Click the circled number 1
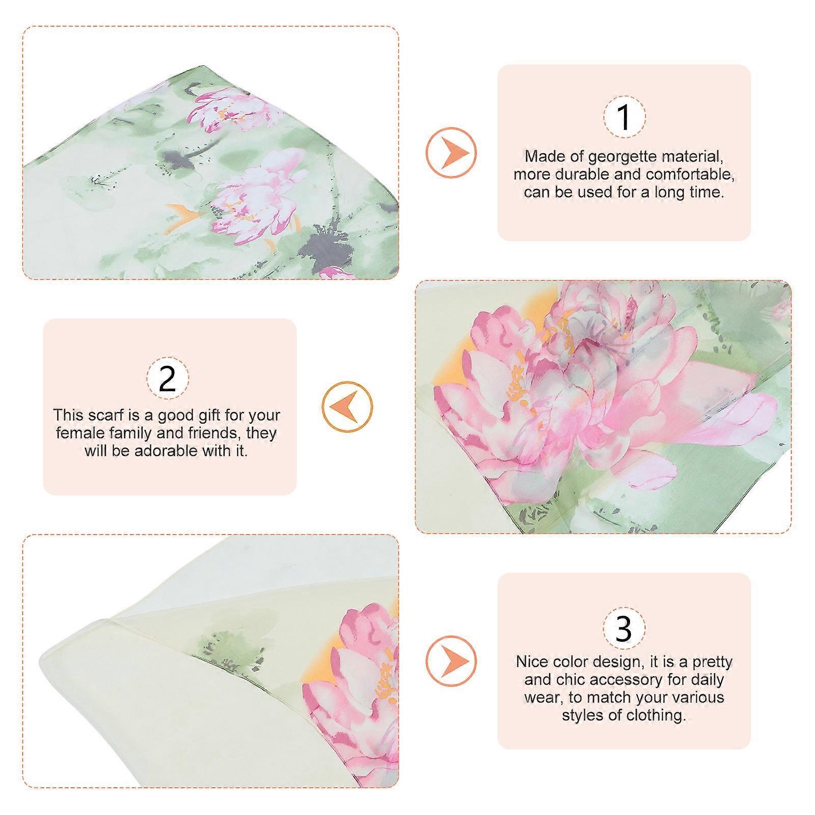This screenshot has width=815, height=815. (x=624, y=117)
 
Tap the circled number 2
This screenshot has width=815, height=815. (x=168, y=378)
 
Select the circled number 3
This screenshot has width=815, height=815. (x=624, y=628)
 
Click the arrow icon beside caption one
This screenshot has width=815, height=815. (x=451, y=152)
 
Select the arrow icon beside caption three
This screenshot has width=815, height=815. (x=451, y=662)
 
